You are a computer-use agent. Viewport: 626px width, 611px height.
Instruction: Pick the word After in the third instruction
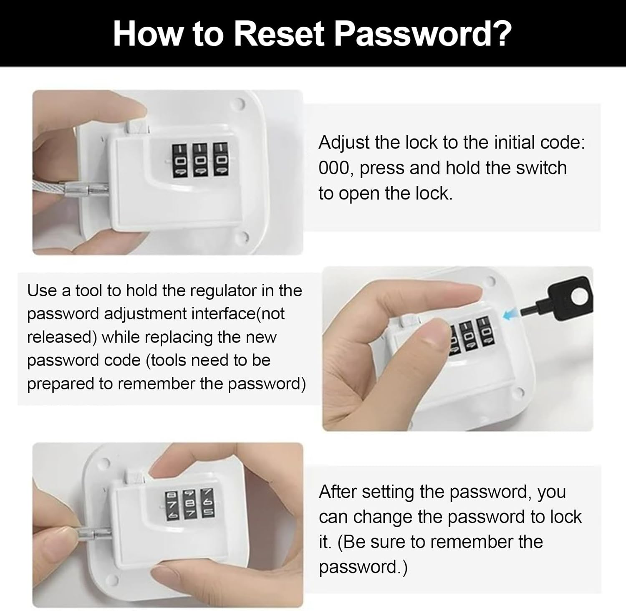coord(338,492)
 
